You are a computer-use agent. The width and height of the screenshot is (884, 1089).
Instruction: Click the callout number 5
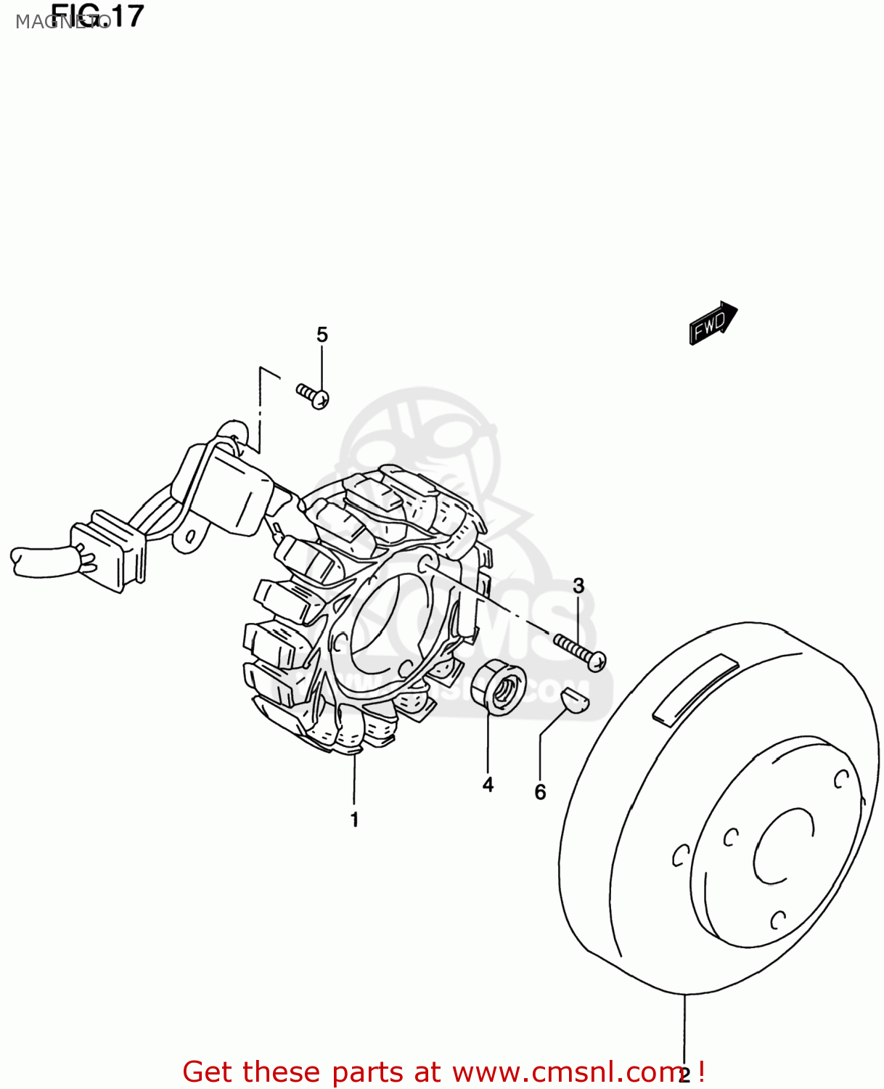[322, 335]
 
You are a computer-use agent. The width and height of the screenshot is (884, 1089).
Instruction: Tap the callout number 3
[578, 586]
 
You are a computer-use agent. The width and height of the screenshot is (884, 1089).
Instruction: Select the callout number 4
[488, 785]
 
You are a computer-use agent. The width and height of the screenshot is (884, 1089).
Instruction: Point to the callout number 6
[540, 792]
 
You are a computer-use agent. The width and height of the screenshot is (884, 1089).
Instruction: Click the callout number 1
[355, 820]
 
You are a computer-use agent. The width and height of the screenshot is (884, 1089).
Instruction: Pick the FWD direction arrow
[713, 322]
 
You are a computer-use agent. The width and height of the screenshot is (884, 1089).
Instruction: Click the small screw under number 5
[313, 396]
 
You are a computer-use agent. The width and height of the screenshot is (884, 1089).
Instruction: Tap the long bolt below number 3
[580, 651]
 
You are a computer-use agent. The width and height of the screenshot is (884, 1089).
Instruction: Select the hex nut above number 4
[498, 686]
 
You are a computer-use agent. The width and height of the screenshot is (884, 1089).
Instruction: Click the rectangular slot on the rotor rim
[695, 690]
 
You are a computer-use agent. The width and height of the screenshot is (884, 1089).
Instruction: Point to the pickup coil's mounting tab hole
[191, 536]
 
